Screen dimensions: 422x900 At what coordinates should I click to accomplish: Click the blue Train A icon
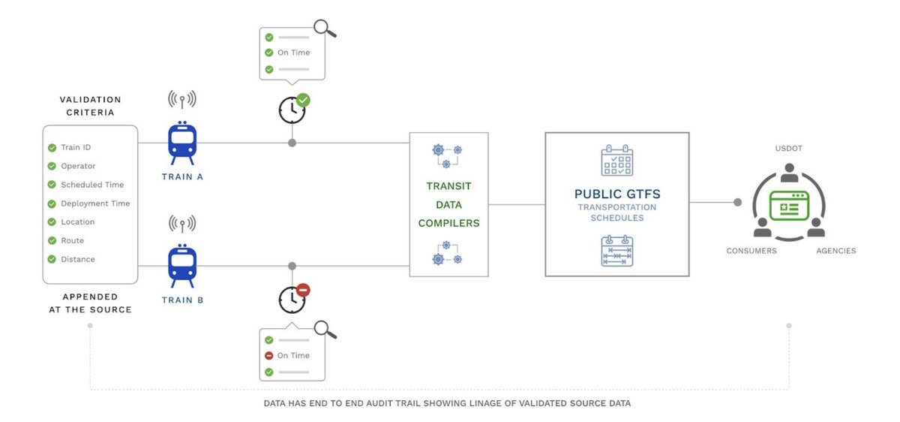coord(182,143)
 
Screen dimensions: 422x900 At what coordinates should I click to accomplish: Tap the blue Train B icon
coord(182,265)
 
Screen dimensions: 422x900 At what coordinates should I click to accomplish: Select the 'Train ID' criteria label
coord(76,148)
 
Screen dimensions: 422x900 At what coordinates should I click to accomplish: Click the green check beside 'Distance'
coord(52,260)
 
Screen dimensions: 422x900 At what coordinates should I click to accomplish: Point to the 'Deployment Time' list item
coord(95,203)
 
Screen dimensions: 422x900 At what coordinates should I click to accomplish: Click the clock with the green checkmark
coord(292,110)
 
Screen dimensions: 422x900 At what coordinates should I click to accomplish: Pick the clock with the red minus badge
coord(292,299)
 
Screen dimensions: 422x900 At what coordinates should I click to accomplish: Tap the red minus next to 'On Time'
coord(268,356)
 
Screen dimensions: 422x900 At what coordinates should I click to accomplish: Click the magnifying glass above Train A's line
coord(325,29)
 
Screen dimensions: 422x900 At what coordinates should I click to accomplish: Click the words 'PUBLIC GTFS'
coord(616,194)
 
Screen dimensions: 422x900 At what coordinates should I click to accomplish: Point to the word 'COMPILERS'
coord(448,223)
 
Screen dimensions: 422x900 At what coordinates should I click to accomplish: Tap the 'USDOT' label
coord(789,149)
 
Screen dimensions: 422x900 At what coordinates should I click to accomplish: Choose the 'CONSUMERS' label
coord(751,251)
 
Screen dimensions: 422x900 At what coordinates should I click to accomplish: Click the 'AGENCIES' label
coord(836,251)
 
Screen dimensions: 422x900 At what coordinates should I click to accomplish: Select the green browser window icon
coord(790,205)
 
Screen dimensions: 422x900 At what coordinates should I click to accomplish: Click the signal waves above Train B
coord(182,223)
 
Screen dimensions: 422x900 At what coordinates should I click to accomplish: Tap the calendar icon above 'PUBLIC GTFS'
coord(617,160)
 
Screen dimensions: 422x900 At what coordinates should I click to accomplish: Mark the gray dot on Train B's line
coord(292,266)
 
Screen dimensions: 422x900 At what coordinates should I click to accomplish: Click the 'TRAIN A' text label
coord(182,177)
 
